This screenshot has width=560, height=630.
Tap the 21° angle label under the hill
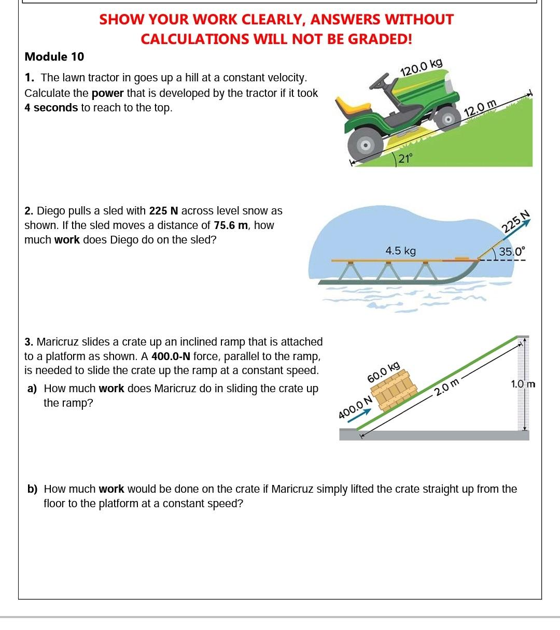click(405, 159)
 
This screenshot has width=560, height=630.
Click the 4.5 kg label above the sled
click(400, 251)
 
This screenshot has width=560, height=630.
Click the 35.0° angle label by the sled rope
click(511, 252)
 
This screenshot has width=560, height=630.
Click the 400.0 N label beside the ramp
click(355, 407)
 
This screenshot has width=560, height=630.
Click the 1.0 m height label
click(523, 384)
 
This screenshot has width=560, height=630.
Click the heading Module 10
click(54, 56)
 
